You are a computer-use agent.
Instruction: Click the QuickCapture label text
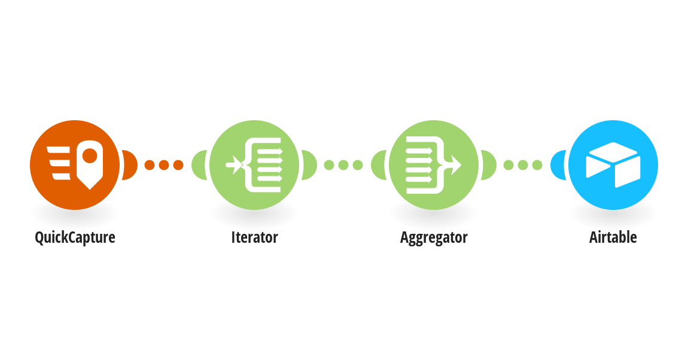[75, 237]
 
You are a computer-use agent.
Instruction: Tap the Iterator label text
[254, 237]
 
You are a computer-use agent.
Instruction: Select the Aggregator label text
[434, 237]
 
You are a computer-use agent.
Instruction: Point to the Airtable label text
[613, 237]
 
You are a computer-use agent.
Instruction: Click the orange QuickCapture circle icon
[75, 165]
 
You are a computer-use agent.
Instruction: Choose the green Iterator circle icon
[254, 165]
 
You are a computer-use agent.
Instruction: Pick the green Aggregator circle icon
[434, 165]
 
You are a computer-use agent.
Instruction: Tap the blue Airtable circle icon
[613, 165]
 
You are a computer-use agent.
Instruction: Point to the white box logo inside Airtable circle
[613, 165]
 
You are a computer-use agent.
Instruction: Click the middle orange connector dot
[164, 165]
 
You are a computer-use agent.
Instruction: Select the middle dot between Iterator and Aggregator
[343, 165]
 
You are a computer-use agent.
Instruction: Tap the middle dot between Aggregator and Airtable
[523, 165]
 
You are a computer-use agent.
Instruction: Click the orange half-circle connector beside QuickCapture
[130, 165]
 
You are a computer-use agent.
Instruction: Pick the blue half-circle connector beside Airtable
[558, 165]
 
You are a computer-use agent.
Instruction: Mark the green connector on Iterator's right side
[310, 165]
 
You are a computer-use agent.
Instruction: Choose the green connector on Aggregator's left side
[378, 165]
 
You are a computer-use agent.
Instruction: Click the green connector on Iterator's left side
[199, 165]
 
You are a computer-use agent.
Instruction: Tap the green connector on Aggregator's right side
[489, 165]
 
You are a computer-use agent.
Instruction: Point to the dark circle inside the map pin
[90, 155]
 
